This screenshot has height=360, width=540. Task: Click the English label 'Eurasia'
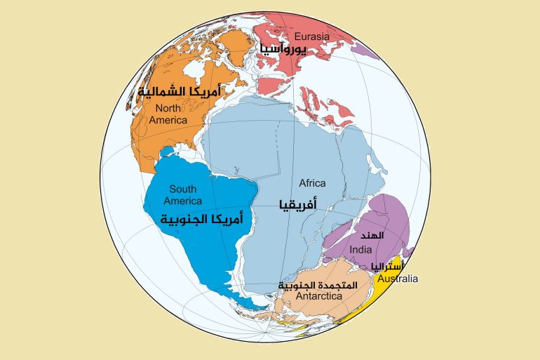(x=311, y=36)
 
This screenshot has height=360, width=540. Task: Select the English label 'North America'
(x=168, y=114)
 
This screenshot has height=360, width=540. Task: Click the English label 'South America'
(x=182, y=194)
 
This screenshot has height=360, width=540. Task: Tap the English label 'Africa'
(x=312, y=183)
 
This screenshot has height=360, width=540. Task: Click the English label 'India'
(x=360, y=250)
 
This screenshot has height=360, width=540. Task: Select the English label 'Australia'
(x=398, y=279)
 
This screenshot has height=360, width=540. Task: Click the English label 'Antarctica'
(x=318, y=297)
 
